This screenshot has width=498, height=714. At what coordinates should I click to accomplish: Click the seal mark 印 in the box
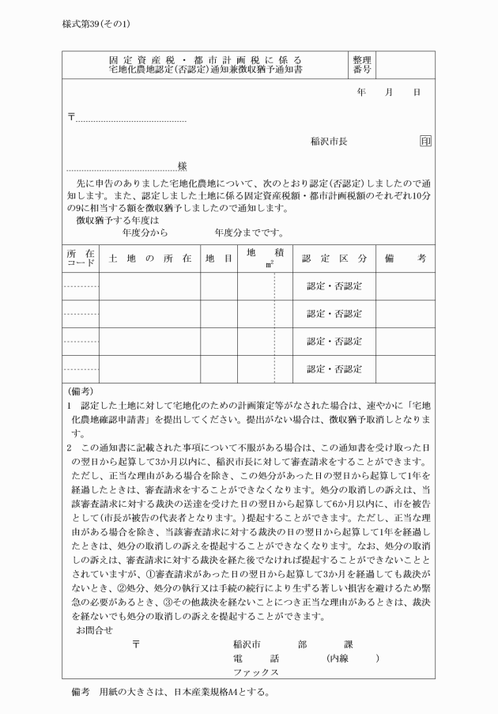(x=425, y=142)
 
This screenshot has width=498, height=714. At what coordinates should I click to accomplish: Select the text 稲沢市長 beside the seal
(x=329, y=142)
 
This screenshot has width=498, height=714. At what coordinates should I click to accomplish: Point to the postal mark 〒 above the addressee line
(x=72, y=117)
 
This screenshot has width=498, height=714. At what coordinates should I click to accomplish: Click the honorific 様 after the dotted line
(x=183, y=166)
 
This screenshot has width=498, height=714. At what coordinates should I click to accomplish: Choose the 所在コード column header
(x=81, y=259)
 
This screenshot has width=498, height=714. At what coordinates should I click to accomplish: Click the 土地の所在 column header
(x=149, y=259)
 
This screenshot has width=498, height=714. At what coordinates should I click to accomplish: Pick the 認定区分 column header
(x=334, y=259)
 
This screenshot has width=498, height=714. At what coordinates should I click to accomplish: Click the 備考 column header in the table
(x=405, y=259)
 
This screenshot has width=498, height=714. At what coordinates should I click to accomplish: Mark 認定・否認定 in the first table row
(x=334, y=286)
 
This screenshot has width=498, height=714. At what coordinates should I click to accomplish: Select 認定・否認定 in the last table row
(x=334, y=369)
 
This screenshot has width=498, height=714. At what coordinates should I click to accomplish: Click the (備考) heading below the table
(x=80, y=391)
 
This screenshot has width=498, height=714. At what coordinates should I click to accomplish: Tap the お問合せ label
(x=93, y=629)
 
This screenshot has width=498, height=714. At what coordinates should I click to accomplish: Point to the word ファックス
(x=255, y=671)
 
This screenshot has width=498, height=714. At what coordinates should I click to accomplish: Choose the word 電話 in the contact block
(x=256, y=657)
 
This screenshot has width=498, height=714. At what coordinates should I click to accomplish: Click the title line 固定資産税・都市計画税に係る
(x=205, y=60)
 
